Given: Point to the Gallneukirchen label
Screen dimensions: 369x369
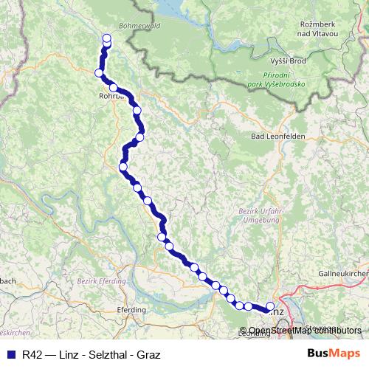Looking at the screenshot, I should [343, 274].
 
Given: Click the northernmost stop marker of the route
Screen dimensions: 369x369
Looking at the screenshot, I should [106, 38].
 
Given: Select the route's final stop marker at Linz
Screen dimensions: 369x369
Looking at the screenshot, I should [270, 306].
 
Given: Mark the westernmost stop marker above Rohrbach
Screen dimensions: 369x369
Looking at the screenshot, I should [98, 72].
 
